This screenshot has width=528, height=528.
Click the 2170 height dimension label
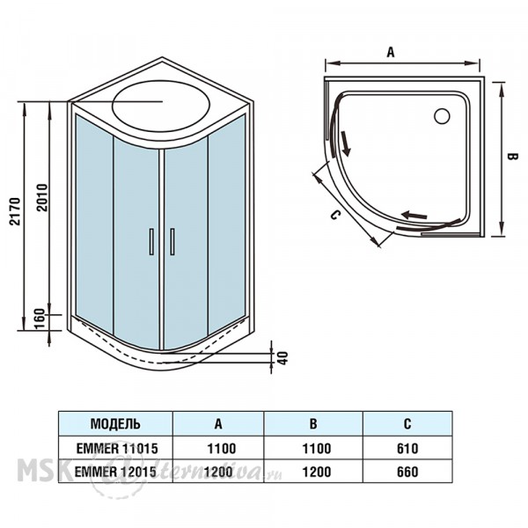pyautogui.click(x=15, y=211)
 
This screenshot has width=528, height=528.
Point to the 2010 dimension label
pyautogui.click(x=42, y=197)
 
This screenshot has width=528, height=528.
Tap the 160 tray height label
pyautogui.click(x=40, y=319)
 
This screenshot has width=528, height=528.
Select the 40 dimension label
pyautogui.click(x=283, y=358)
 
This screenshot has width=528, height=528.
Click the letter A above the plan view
pyautogui.click(x=390, y=52)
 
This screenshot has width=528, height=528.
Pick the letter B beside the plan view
pyautogui.click(x=512, y=157)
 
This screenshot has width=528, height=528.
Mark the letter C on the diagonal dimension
pyautogui.click(x=334, y=215)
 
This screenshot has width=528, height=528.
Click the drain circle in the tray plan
pyautogui.click(x=442, y=116)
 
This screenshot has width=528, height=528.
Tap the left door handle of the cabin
pyautogui.click(x=151, y=241)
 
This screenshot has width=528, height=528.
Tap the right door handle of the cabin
pyautogui.click(x=172, y=241)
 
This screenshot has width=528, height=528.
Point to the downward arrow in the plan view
pyautogui.click(x=346, y=143)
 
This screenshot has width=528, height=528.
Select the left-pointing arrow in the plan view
pyautogui.click(x=414, y=215)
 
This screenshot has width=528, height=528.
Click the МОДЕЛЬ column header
pyautogui.click(x=115, y=423)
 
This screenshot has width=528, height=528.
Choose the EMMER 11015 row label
pyautogui.click(x=117, y=448)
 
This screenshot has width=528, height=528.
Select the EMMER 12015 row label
pyautogui.click(x=115, y=472)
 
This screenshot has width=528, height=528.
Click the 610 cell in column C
pyautogui.click(x=407, y=448)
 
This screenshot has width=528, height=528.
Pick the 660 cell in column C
pyautogui.click(x=407, y=472)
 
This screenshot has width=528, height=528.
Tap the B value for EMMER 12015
pyautogui.click(x=317, y=472)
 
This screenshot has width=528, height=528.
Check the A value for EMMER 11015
pyautogui.click(x=222, y=448)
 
